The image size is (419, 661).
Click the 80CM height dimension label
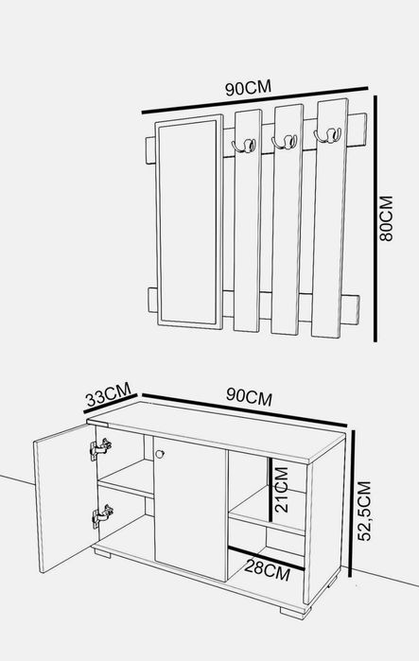click(386, 218)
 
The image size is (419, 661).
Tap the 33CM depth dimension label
click(109, 394)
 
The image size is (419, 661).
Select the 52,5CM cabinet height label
click(364, 511)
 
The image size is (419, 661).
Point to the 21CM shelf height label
click(282, 490)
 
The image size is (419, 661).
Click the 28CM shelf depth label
click(268, 570)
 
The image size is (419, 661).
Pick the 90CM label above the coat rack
click(248, 88)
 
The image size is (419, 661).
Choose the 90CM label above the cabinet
click(249, 396)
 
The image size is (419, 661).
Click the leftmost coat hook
click(244, 146)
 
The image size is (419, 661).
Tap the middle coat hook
click(284, 142)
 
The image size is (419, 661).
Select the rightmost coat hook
click(327, 136)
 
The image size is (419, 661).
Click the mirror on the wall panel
click(189, 221)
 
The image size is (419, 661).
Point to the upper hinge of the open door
click(100, 448)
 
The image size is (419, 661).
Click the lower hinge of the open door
click(102, 515)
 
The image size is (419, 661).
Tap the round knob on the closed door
click(160, 454)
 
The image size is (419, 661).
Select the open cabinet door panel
click(65, 498)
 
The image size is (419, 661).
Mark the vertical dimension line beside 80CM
click(375, 218)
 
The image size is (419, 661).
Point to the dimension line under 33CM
click(111, 404)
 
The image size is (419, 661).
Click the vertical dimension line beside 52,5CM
click(353, 504)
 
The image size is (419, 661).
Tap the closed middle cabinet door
click(190, 509)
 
